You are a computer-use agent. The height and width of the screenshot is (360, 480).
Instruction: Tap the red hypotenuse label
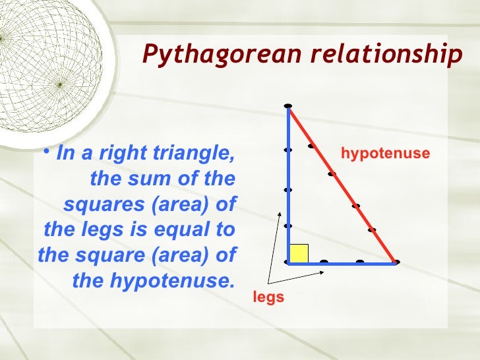(385, 154)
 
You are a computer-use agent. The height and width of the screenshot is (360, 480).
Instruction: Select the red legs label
(268, 297)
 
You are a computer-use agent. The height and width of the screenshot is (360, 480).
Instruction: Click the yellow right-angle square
(299, 254)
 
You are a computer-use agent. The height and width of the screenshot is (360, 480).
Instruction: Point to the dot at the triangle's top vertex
(288, 106)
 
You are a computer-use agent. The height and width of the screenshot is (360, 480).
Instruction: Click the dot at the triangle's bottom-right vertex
(396, 262)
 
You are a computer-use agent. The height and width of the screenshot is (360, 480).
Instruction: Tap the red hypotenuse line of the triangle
(343, 185)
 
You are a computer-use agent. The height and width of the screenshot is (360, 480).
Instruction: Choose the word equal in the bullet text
(189, 230)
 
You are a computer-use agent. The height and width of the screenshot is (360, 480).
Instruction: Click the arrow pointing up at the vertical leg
(275, 244)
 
